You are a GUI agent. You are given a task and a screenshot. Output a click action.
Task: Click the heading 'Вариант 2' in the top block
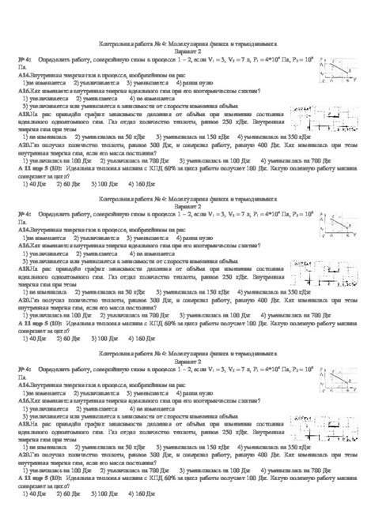click(x=187, y=50)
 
